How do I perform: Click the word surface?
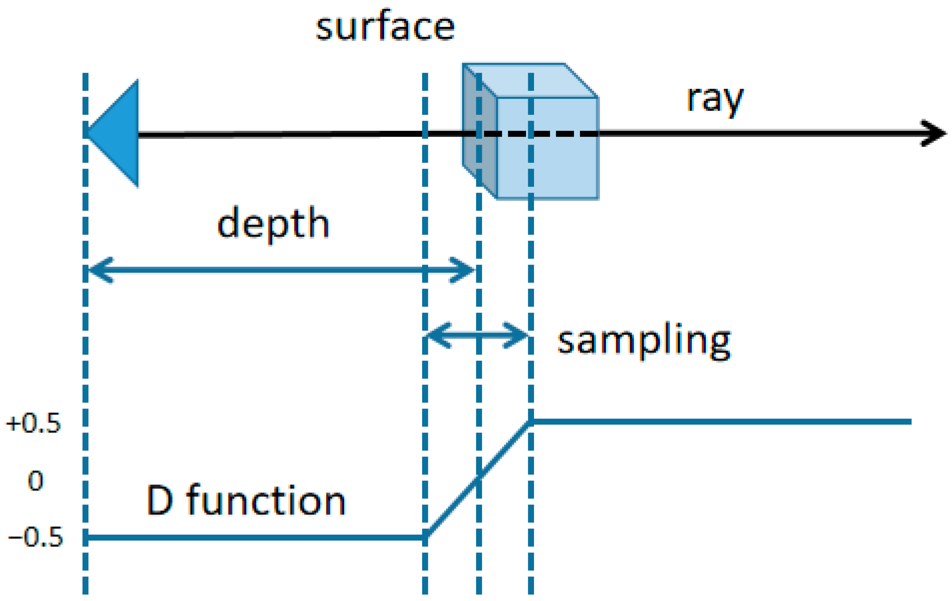(x=385, y=27)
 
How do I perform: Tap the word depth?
(x=273, y=224)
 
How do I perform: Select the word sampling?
(x=644, y=341)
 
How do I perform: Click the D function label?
(x=246, y=500)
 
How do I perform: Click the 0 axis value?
(x=35, y=481)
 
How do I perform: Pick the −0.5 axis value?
(x=35, y=537)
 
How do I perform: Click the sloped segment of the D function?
(x=478, y=479)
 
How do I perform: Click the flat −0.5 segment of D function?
(x=253, y=537)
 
